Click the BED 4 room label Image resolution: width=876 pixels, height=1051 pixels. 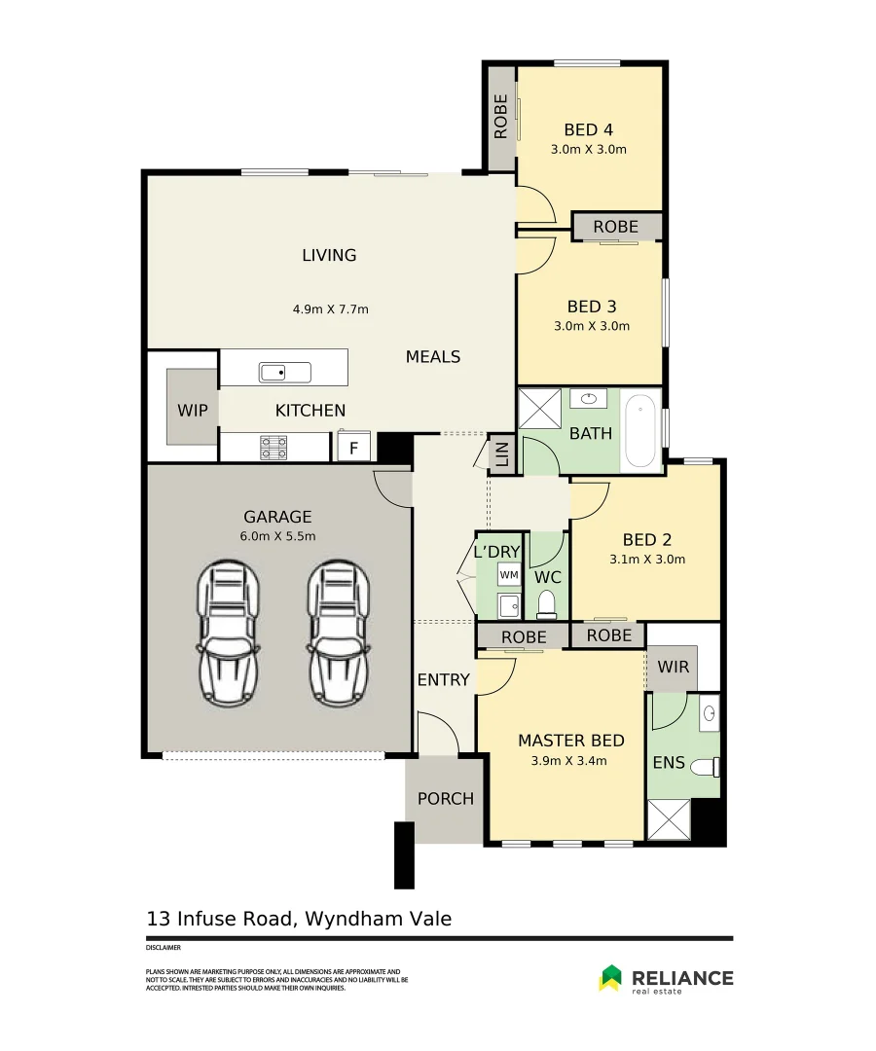click(589, 129)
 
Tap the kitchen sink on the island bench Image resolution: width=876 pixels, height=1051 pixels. click(285, 372)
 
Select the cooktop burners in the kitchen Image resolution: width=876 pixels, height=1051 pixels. click(274, 448)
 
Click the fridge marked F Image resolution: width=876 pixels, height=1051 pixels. click(354, 447)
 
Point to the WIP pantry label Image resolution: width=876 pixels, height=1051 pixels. click(193, 411)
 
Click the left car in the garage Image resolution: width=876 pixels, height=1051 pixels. click(228, 634)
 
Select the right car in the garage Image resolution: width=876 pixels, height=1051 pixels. click(339, 634)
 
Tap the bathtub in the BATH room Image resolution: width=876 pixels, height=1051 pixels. click(640, 431)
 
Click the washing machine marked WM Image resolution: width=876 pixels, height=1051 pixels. click(509, 574)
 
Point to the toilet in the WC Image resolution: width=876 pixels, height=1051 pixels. click(547, 604)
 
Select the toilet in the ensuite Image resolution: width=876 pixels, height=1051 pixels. click(705, 766)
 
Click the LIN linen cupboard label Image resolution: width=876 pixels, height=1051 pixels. click(502, 454)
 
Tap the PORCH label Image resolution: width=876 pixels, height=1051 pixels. click(445, 798)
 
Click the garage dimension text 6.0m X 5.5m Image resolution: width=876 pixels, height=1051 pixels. click(277, 536)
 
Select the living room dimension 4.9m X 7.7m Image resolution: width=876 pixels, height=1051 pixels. click(330, 309)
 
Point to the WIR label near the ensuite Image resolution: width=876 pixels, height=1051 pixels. click(673, 667)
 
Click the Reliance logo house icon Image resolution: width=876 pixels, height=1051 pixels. click(610, 977)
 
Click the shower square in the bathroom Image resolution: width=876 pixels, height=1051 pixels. click(539, 408)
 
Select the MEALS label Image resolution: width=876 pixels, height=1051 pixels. click(433, 356)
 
